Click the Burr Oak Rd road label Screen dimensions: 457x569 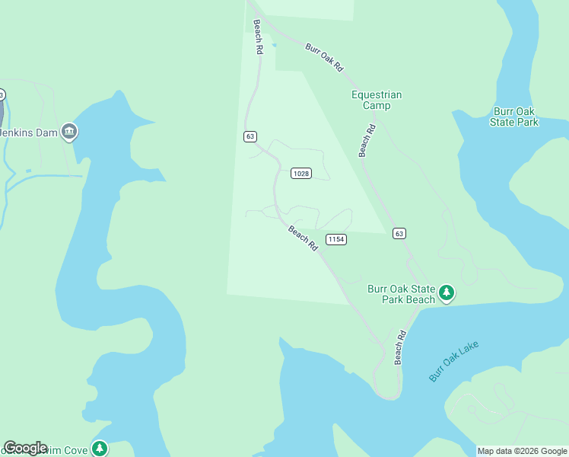pos(324,57)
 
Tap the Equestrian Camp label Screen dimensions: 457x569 pos(377,100)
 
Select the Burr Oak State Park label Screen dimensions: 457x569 pos(514,117)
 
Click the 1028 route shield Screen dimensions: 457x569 pos(301,174)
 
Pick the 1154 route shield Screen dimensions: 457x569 pos(335,239)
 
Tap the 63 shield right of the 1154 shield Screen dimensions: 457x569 pos(399,233)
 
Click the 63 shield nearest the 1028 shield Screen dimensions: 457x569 pos(250,136)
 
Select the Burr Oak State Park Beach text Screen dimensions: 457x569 pos(401,294)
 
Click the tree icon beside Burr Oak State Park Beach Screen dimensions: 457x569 pos(447,292)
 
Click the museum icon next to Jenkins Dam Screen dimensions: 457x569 pos(70,132)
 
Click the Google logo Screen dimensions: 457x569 pos(25,448)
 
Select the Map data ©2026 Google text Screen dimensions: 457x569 pos(522,451)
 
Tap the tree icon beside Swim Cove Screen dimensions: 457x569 pos(100,449)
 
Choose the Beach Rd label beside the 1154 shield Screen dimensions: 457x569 pos(303,238)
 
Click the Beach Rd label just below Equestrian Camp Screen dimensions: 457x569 pos(367,136)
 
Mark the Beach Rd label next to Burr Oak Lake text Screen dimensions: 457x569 pos(400,347)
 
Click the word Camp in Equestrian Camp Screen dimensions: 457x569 pos(377,106)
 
